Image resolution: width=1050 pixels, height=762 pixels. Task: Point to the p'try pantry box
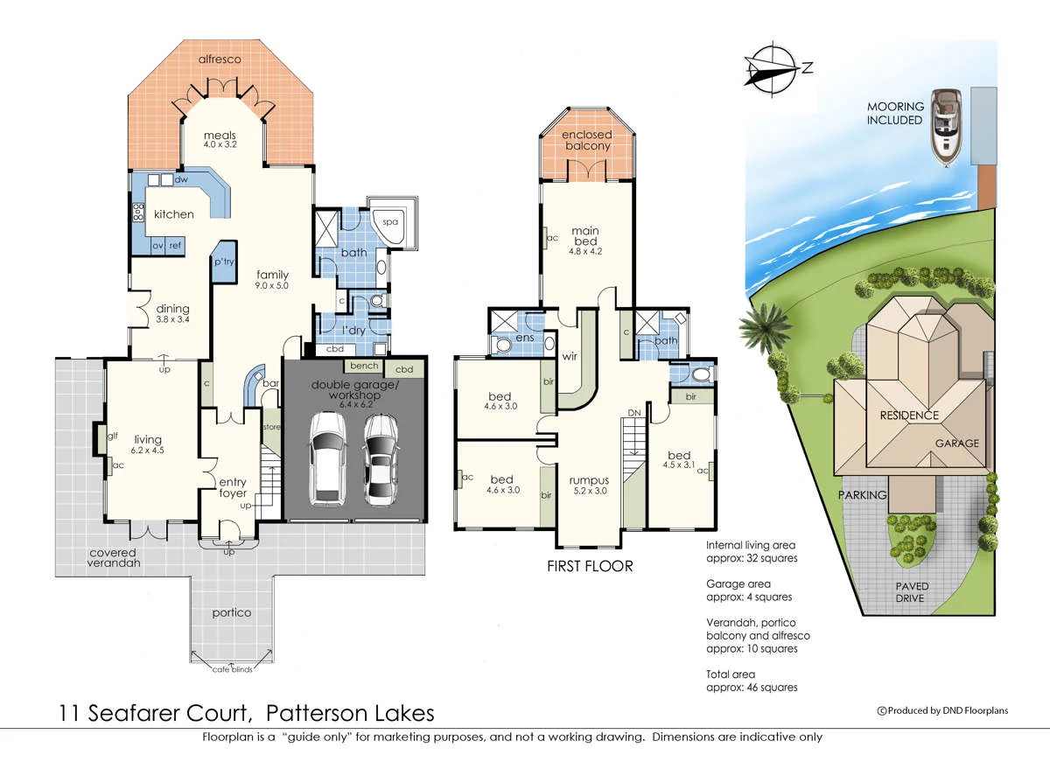[223, 262]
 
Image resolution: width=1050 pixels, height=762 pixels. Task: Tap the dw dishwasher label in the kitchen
[181, 179]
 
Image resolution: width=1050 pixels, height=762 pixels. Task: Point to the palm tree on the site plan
[758, 329]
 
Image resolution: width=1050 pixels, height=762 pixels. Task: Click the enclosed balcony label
[585, 140]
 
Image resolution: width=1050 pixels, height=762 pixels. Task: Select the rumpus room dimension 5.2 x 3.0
[588, 491]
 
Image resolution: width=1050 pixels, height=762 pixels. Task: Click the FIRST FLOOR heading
[589, 566]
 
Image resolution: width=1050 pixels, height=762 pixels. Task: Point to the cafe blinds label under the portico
[232, 669]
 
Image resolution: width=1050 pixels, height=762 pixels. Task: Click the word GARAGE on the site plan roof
[957, 444]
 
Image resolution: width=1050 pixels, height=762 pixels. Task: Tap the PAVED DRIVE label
[911, 592]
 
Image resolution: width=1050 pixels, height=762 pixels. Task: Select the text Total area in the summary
[731, 675]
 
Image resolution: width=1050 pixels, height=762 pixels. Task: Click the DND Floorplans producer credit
[942, 710]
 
